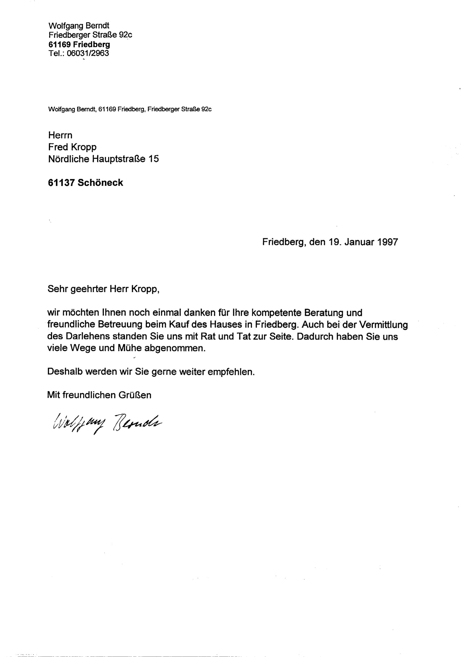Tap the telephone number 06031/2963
pyautogui.click(x=88, y=53)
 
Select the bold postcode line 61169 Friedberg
pyautogui.click(x=79, y=44)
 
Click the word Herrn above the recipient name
pyautogui.click(x=60, y=135)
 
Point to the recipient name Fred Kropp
pyautogui.click(x=72, y=147)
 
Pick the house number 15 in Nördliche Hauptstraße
pyautogui.click(x=153, y=159)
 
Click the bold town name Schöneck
pyautogui.click(x=100, y=183)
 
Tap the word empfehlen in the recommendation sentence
pyautogui.click(x=231, y=372)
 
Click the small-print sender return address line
pyautogui.click(x=130, y=109)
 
